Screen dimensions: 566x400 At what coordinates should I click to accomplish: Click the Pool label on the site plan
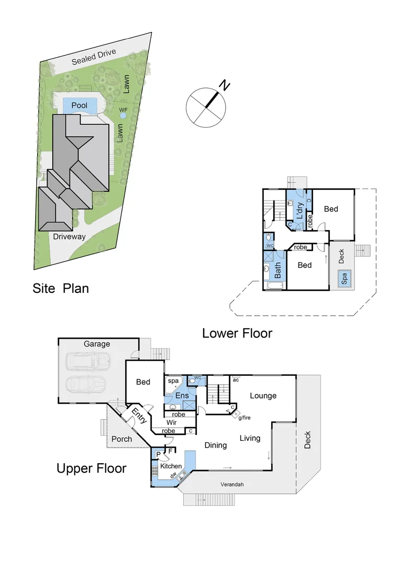click(80, 105)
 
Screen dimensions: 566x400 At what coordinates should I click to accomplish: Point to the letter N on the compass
click(225, 85)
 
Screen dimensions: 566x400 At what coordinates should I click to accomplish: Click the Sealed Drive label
click(94, 56)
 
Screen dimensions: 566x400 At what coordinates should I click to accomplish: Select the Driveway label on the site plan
click(69, 237)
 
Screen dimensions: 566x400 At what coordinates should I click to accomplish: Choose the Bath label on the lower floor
click(277, 270)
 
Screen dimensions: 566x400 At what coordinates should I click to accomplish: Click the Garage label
click(97, 344)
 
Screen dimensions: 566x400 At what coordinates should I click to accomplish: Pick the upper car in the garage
click(88, 362)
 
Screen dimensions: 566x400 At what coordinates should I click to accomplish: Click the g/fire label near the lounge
click(244, 418)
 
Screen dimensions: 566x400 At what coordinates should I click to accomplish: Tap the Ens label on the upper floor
click(182, 396)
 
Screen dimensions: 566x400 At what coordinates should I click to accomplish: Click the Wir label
click(172, 422)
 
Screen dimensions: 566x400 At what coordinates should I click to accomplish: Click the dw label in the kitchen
click(172, 475)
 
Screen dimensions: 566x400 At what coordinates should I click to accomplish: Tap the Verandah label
click(231, 485)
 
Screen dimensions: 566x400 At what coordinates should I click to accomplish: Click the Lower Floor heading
click(237, 333)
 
